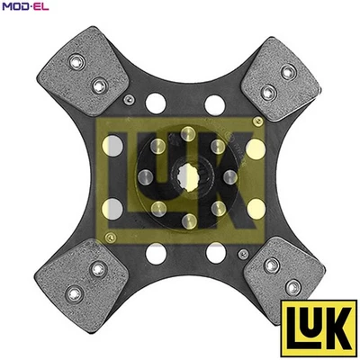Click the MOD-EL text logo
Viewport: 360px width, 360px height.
pyautogui.click(x=24, y=6)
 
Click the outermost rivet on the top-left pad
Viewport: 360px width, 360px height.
pyautogui.click(x=77, y=62)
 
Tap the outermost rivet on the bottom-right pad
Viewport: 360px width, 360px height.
pyautogui.click(x=292, y=287)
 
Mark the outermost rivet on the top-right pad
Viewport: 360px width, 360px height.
pyautogui.click(x=288, y=72)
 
